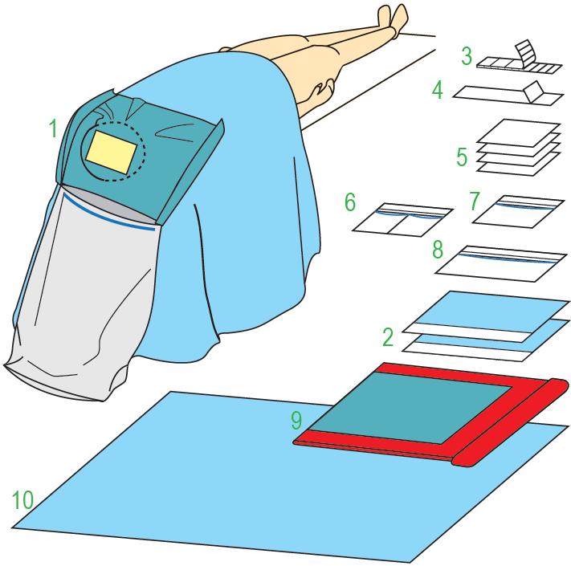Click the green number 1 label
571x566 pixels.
pos(53,128)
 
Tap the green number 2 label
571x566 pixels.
pos(388,336)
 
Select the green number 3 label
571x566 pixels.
pos(467,56)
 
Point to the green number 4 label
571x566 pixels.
pos(438,90)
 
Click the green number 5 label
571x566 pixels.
pos(462,157)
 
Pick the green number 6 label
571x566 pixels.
pos(350,202)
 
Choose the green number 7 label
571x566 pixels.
pos(474,202)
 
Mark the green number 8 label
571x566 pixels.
pos(438,250)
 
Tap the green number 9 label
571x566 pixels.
pos(296,421)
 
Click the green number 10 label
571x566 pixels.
pos(22,499)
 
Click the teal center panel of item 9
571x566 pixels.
pos(411,408)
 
